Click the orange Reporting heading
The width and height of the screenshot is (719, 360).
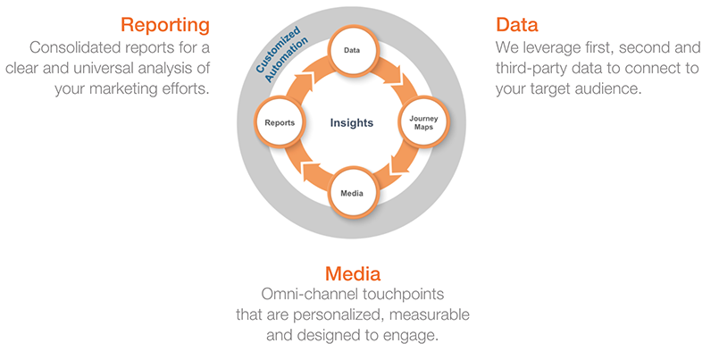coord(165,26)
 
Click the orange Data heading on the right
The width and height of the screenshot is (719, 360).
coord(517,24)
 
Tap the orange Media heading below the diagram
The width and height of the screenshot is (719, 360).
coord(353,273)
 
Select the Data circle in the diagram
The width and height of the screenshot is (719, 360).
coord(352,50)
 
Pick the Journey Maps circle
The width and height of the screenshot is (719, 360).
coord(423,122)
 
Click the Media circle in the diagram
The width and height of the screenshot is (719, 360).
coord(352,193)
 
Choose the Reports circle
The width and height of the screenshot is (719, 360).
coord(280,122)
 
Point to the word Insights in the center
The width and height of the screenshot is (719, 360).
coord(352,122)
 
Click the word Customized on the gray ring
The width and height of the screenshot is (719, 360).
coord(278,49)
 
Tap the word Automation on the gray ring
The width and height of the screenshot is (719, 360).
coord(286,60)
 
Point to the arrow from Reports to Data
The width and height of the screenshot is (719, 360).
coord(305,77)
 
